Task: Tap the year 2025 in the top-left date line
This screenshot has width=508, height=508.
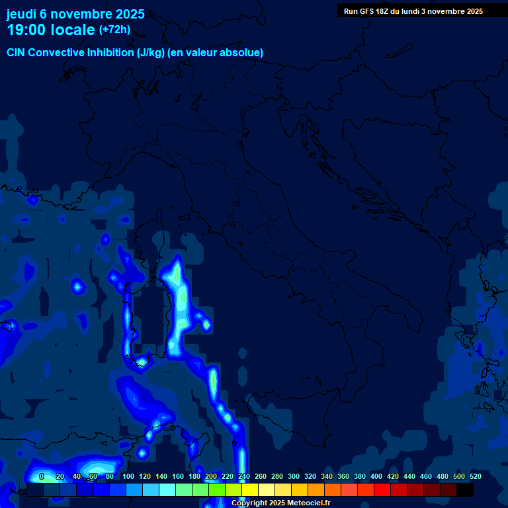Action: pos(126,14)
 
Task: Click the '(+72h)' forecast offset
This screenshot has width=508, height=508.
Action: pos(114,29)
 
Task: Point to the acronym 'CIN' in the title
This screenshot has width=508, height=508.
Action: pos(17,53)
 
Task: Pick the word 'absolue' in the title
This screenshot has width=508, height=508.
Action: pos(244,53)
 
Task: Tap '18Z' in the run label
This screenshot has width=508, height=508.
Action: pos(384,11)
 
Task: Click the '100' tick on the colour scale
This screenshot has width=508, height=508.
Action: pos(128,476)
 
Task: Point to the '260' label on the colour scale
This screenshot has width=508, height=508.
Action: pos(261,476)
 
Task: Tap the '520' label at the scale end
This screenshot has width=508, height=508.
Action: pos(476,476)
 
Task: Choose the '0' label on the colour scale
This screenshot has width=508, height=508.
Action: pos(42,476)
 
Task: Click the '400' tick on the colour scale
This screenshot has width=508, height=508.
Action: pos(376,476)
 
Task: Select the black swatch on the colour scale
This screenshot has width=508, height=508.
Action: pos(465,490)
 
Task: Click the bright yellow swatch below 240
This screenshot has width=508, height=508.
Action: pos(250,490)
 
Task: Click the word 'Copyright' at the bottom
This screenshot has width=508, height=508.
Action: pos(249,503)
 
